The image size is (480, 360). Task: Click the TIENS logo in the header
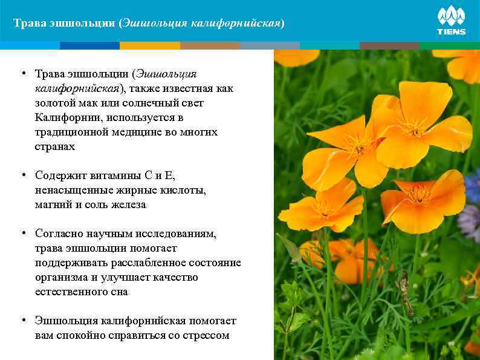point(451,21)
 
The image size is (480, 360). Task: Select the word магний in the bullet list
point(51,205)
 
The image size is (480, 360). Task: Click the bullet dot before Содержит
point(22,175)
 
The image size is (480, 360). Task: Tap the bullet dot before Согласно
point(22,234)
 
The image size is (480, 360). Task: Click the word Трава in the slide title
point(28,24)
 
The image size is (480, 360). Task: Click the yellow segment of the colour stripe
point(149,45)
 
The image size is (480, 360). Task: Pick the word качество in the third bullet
point(174,277)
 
